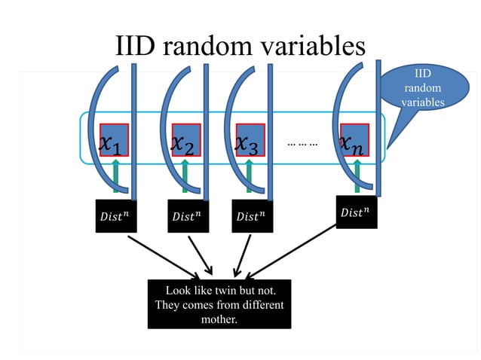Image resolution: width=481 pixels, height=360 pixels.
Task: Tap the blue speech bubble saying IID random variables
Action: [x=422, y=87]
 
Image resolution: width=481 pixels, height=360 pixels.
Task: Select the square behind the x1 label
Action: [x=115, y=139]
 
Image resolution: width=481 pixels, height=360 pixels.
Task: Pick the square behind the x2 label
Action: [x=186, y=139]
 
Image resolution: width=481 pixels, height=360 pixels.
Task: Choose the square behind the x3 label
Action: [x=250, y=139]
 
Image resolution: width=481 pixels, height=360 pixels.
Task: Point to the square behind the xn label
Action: [x=354, y=139]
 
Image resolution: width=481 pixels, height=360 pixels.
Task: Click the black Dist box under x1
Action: [x=115, y=215]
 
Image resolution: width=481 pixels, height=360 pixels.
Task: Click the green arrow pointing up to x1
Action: [x=115, y=178]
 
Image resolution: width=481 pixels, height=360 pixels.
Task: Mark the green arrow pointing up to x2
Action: [x=185, y=178]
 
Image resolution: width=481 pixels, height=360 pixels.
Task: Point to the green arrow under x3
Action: [x=249, y=178]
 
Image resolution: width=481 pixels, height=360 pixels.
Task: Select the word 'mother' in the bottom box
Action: [x=219, y=319]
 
